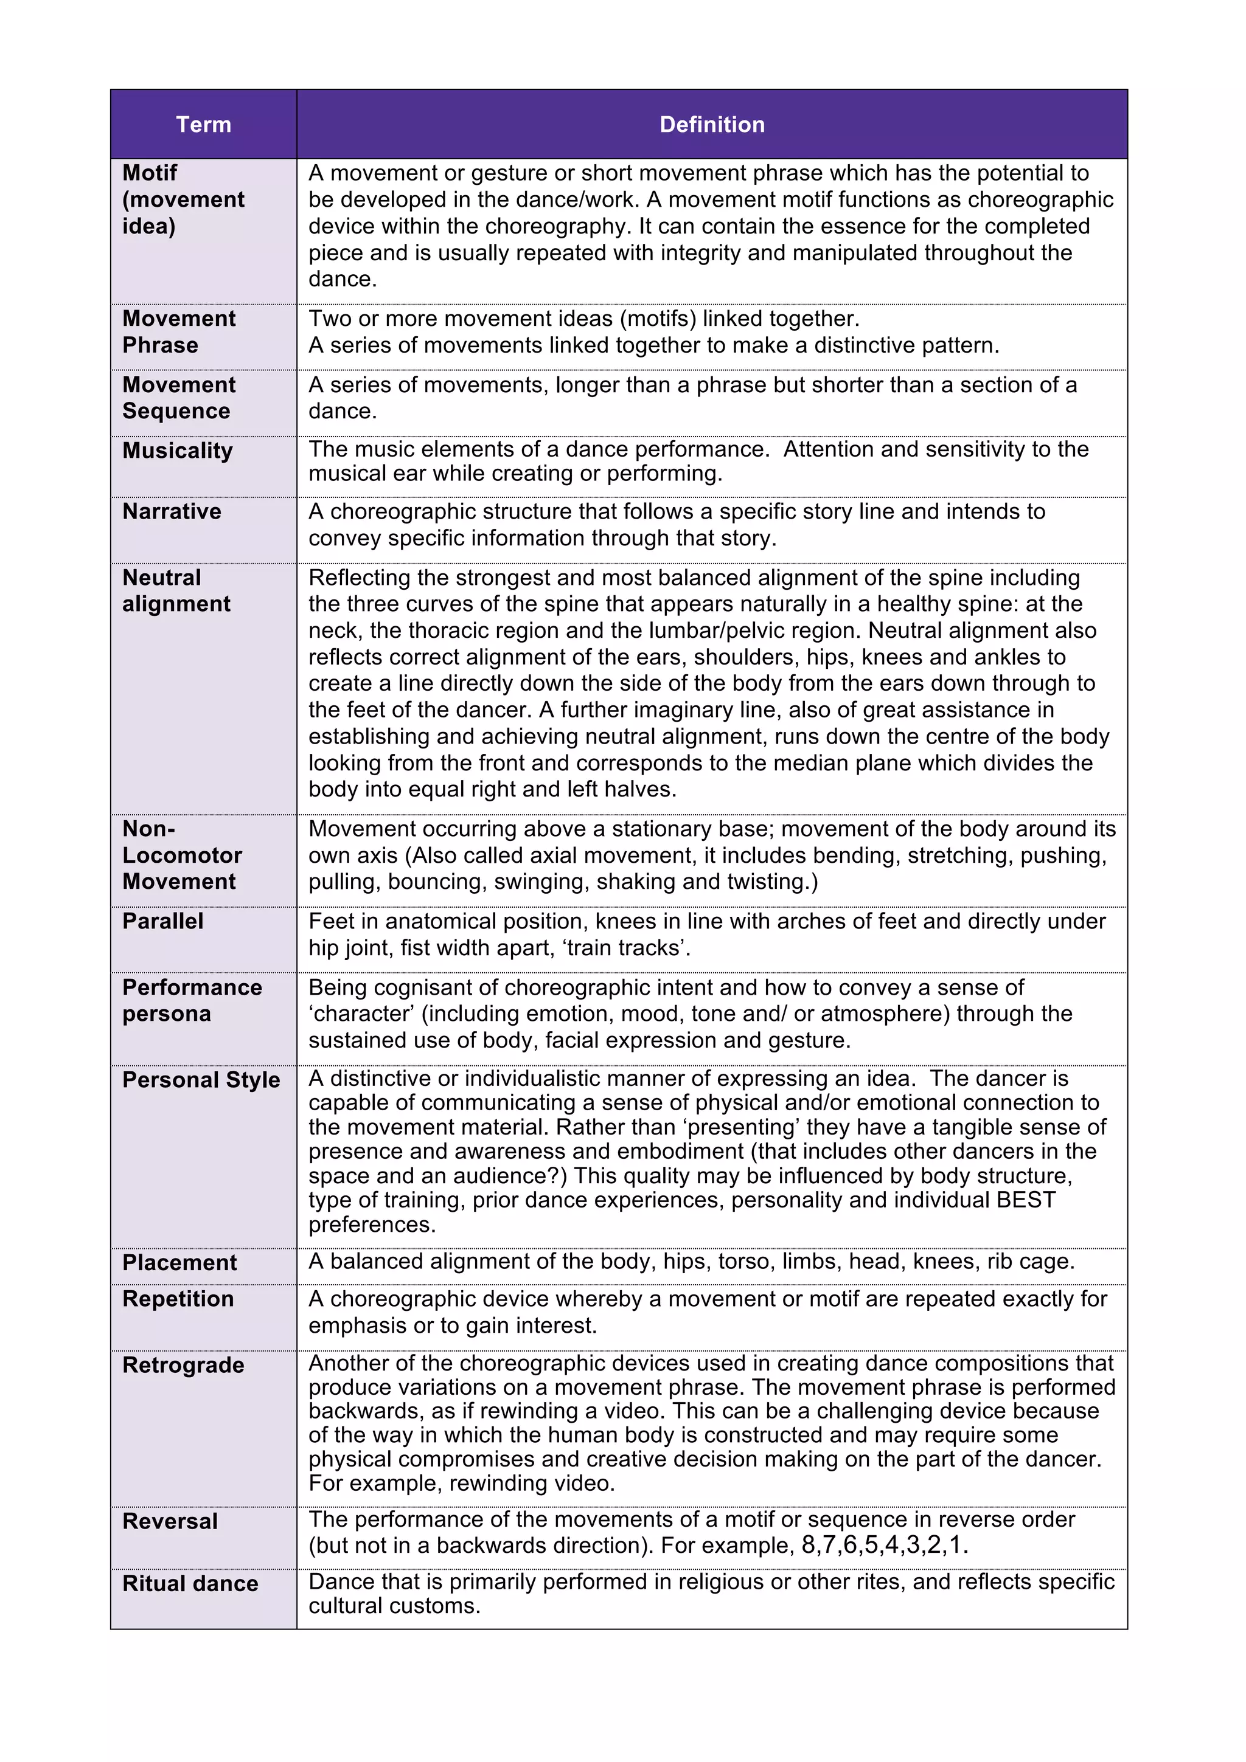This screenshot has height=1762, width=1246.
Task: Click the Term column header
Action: click(203, 124)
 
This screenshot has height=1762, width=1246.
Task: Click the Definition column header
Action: click(712, 124)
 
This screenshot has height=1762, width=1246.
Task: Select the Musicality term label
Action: click(177, 451)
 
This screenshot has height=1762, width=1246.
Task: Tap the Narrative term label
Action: click(172, 511)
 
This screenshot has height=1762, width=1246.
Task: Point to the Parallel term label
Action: click(163, 921)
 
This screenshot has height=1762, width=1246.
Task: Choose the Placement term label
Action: click(179, 1262)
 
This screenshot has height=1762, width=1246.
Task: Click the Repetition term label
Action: click(178, 1299)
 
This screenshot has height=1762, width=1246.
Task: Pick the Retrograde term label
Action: click(184, 1365)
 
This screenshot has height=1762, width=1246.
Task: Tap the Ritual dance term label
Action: click(190, 1583)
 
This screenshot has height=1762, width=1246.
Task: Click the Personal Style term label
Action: click(201, 1080)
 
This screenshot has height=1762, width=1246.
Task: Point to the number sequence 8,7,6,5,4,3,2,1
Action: click(883, 1545)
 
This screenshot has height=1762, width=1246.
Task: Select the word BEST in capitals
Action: click(1026, 1200)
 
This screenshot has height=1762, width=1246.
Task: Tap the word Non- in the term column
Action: click(149, 829)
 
